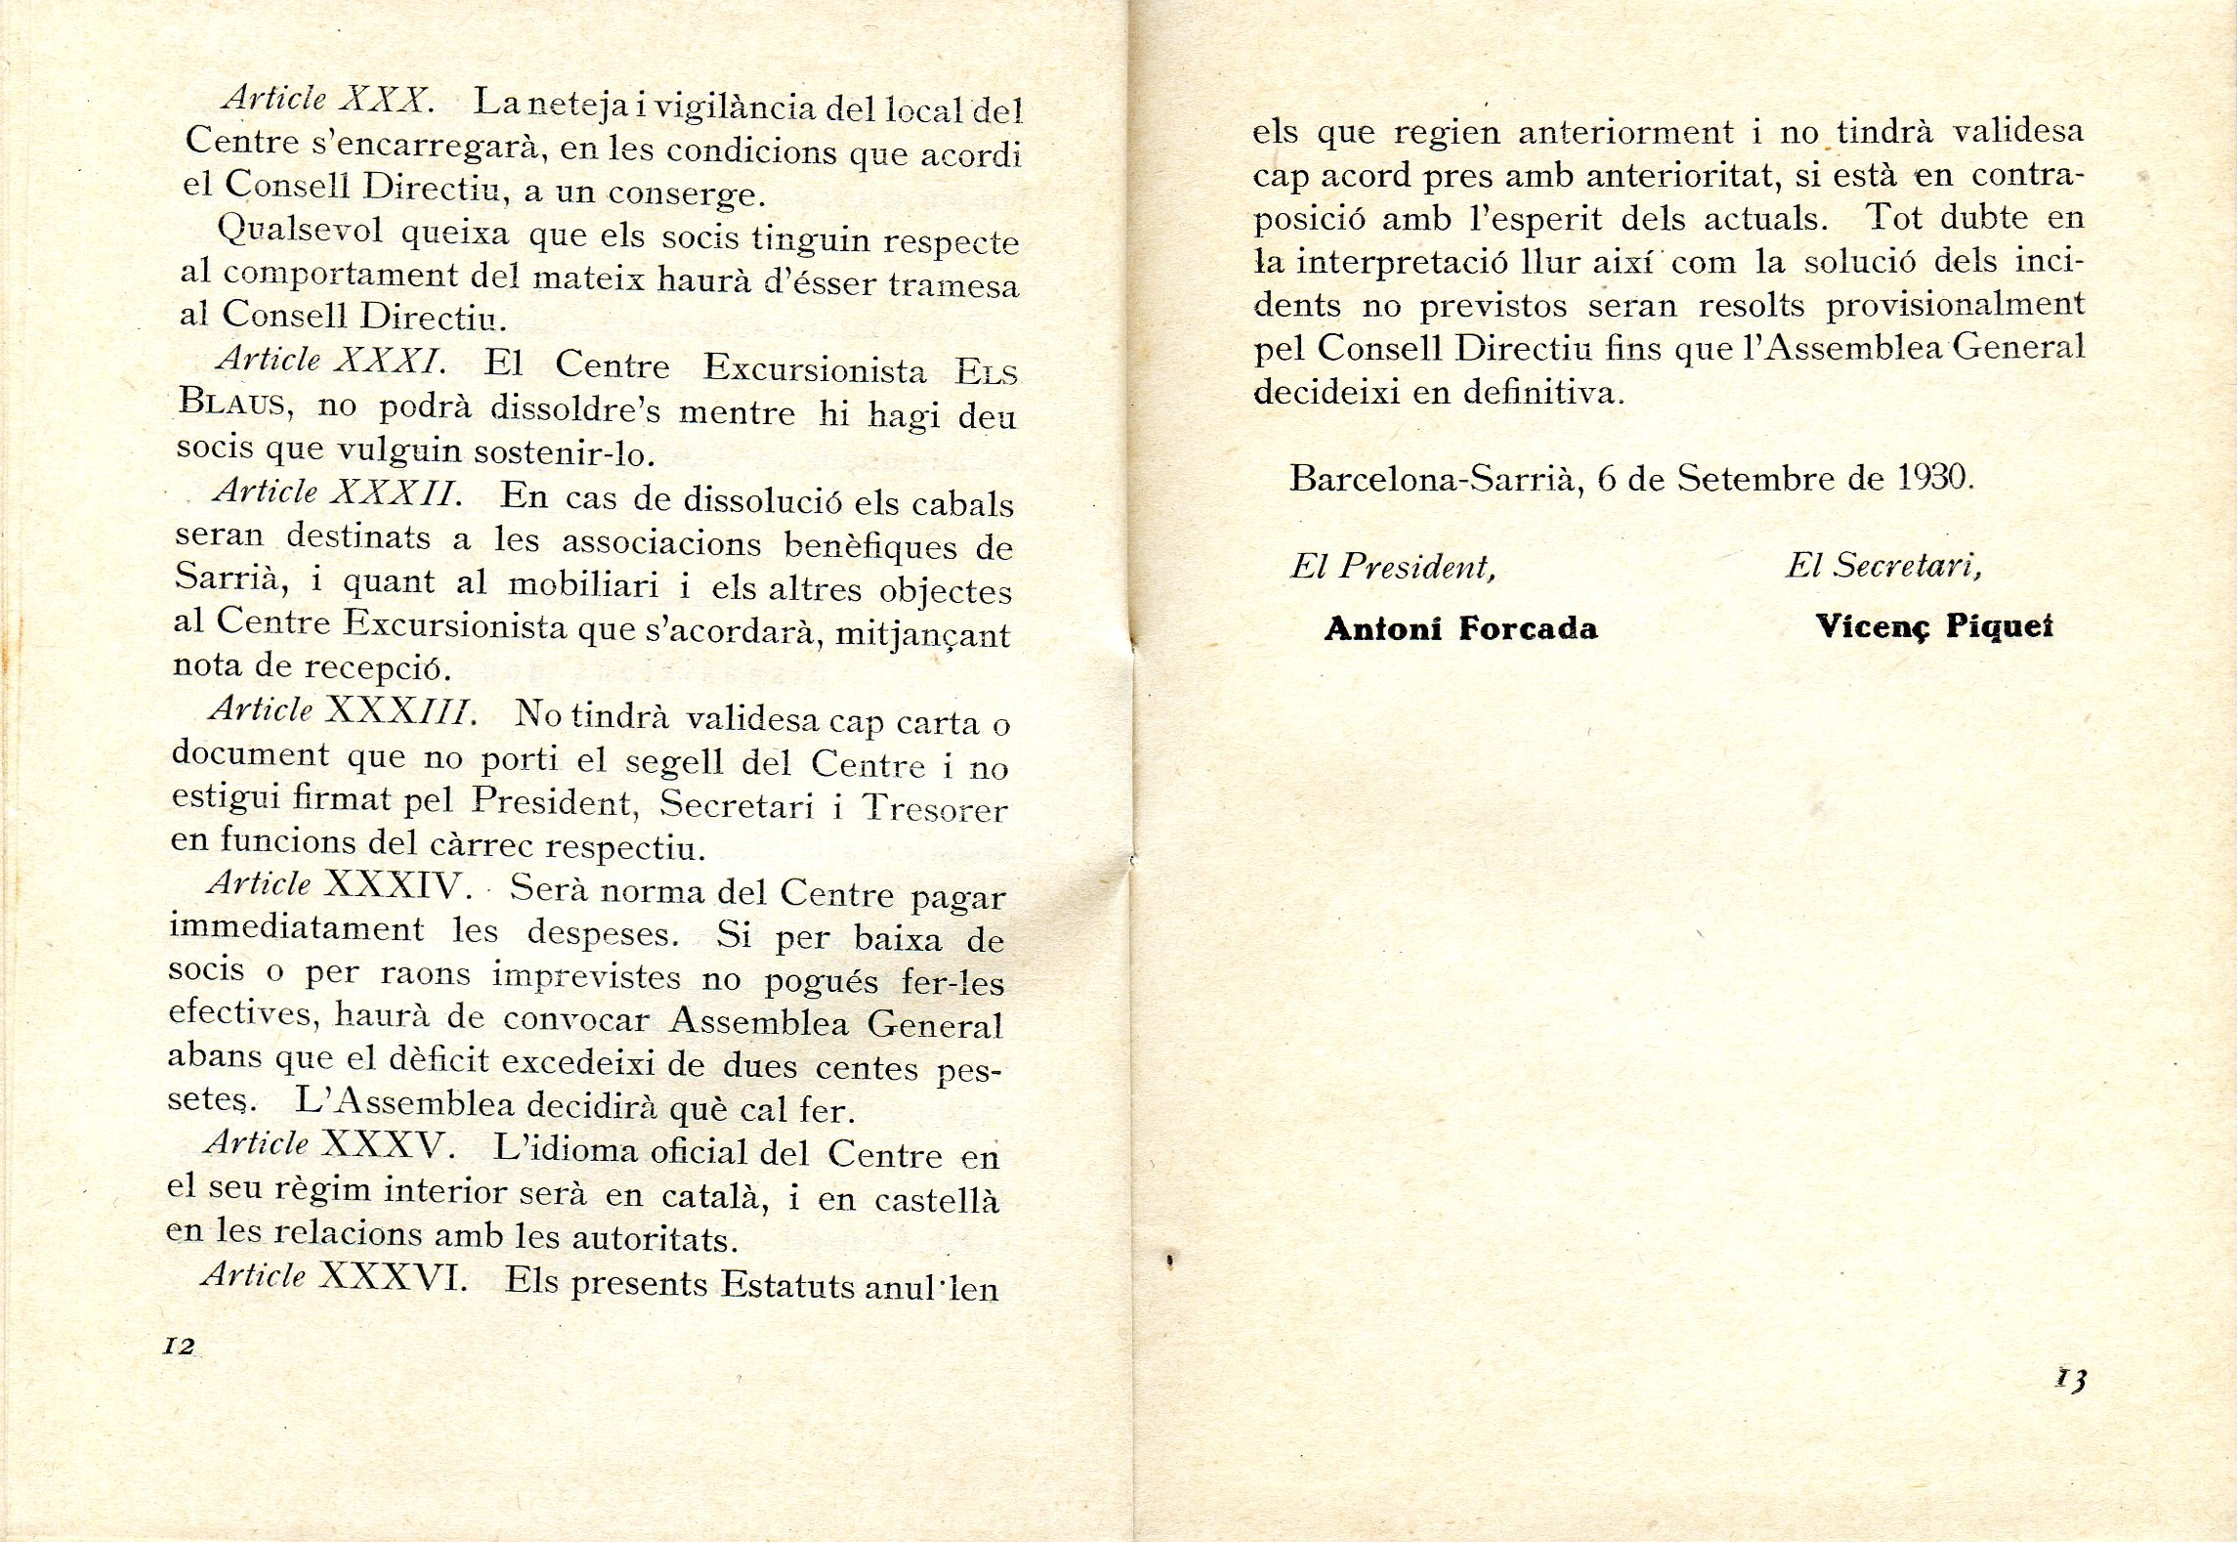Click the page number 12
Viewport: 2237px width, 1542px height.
179,1346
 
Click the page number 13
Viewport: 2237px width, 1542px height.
2071,1380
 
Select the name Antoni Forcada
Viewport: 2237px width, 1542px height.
1460,629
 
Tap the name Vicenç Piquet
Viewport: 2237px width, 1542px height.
1933,627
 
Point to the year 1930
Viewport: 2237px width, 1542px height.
1933,477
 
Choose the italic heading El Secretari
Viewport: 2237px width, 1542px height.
1883,565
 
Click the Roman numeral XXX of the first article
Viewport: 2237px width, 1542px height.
385,100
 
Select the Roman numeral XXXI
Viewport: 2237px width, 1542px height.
389,362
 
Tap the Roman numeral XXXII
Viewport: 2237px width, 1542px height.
396,492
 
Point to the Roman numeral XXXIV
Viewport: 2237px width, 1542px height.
395,885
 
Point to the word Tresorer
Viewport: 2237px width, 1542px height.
935,809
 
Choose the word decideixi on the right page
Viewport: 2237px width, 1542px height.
1334,392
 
